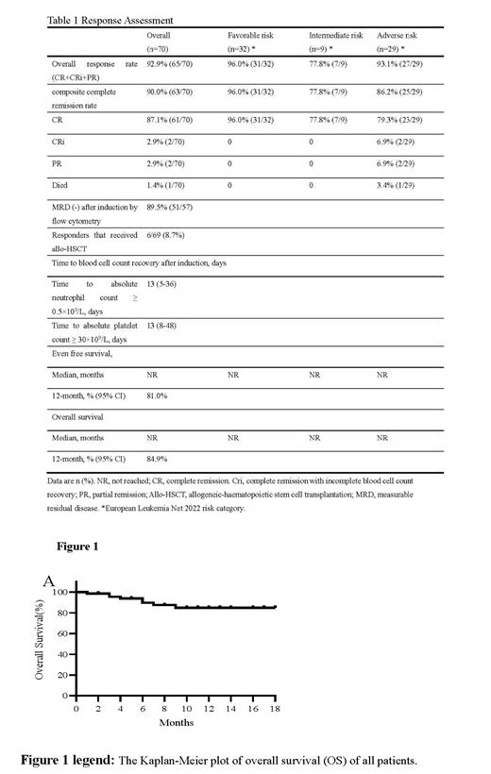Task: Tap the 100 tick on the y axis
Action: tap(59, 593)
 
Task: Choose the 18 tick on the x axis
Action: tap(276, 708)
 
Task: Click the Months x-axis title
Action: tap(176, 723)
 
